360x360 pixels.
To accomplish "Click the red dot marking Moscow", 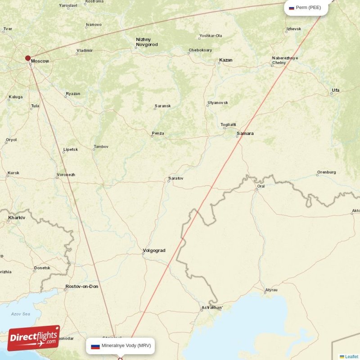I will pos(28,58).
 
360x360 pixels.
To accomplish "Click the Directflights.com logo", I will pos(34,338).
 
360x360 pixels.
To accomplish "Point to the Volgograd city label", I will pos(154,251).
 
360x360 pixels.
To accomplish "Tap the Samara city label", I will pos(245,134).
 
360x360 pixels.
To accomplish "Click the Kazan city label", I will pos(226,60).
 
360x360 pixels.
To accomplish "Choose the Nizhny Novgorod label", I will pos(146,42).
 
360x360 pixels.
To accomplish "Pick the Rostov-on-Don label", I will pos(81,287).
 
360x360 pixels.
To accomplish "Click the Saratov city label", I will pos(175,179).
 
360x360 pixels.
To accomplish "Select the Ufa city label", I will pos(335,90).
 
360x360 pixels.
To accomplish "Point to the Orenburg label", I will pos(326,172).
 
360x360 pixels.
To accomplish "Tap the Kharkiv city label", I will pos(17,218).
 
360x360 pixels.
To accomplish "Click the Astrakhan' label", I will pos(212,308).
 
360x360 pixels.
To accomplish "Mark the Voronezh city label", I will pos(66,175).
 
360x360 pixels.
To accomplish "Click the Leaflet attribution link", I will pos(351,356).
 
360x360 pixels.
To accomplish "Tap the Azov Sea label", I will pos(20,314).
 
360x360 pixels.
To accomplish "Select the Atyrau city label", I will pos(271,290).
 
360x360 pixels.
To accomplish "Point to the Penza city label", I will pos(158,133).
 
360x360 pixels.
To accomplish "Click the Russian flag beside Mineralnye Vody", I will pos(95,346).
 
